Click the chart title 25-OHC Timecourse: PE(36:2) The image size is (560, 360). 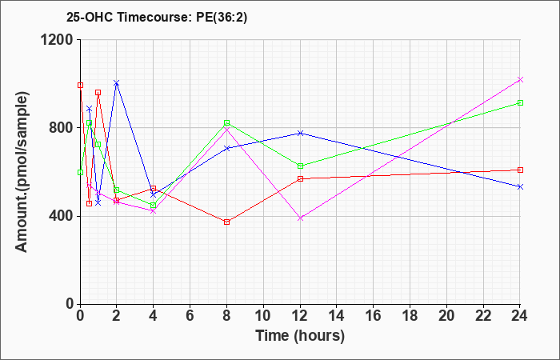157,17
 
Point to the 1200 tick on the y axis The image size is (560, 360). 59,40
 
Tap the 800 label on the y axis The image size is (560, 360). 63,128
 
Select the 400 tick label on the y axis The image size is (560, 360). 63,217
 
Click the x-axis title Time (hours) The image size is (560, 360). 300,336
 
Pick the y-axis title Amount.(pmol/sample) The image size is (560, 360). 22,172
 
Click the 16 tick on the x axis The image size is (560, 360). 374,315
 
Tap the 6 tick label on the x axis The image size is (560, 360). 190,315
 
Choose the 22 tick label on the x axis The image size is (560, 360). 483,315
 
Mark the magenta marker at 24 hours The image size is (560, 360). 520,80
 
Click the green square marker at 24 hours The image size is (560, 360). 520,103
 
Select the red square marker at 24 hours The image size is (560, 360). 520,170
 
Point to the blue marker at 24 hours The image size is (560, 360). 520,186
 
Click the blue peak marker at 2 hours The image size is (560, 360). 117,83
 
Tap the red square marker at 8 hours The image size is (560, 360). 226,222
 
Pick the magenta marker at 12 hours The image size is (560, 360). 300,218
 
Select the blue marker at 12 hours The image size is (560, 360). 300,134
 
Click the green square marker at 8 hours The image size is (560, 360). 226,123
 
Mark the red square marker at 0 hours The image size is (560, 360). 80,86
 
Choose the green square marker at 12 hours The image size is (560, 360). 300,166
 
